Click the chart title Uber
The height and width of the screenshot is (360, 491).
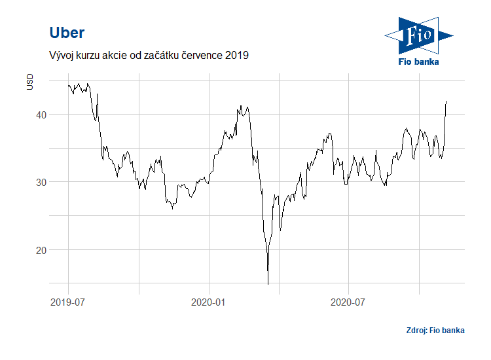(x=67, y=33)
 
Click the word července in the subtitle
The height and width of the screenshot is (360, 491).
(x=198, y=56)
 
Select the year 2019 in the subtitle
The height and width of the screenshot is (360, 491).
(x=236, y=56)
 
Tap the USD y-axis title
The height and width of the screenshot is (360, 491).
(x=30, y=82)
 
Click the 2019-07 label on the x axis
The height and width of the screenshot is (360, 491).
(x=68, y=302)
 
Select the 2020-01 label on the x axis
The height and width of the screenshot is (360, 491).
(x=209, y=302)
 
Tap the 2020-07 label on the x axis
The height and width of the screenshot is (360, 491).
(x=348, y=302)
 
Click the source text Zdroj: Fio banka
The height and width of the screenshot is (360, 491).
(x=435, y=331)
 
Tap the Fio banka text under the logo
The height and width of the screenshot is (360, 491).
(x=419, y=62)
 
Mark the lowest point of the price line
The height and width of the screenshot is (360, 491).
(x=268, y=284)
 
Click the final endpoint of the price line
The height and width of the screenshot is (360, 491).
(x=446, y=101)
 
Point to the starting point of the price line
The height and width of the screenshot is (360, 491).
(x=68, y=85)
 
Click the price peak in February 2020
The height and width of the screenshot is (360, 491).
(x=241, y=105)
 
